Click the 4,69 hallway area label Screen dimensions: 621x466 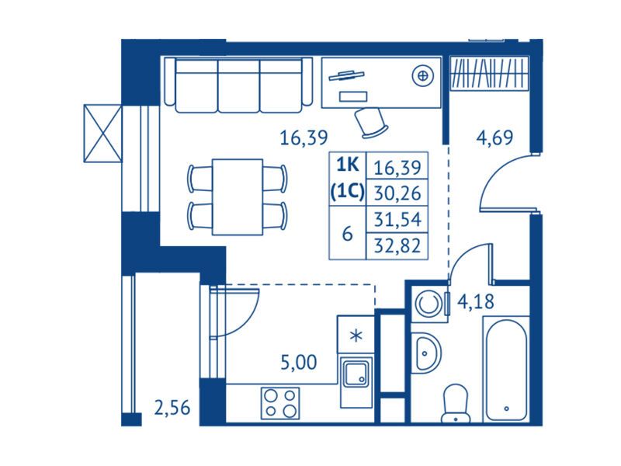[x=494, y=137]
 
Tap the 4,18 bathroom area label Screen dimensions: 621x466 [x=476, y=302]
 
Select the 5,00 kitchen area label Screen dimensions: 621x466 [x=299, y=362]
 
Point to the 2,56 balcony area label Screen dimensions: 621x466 [x=172, y=407]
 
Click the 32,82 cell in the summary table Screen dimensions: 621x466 [x=397, y=245]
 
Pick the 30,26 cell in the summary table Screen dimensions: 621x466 [x=397, y=193]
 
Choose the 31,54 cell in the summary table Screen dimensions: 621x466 [x=397, y=219]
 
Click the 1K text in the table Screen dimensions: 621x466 [x=347, y=165]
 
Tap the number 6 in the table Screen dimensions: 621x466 [x=347, y=234]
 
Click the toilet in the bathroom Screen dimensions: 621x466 [x=456, y=403]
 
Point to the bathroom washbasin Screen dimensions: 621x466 [x=425, y=352]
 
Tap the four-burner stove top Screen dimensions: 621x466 [x=280, y=403]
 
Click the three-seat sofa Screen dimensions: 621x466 [x=238, y=85]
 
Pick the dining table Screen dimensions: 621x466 [x=238, y=197]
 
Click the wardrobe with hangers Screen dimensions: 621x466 [x=490, y=74]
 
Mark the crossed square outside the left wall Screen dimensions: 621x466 [x=102, y=133]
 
